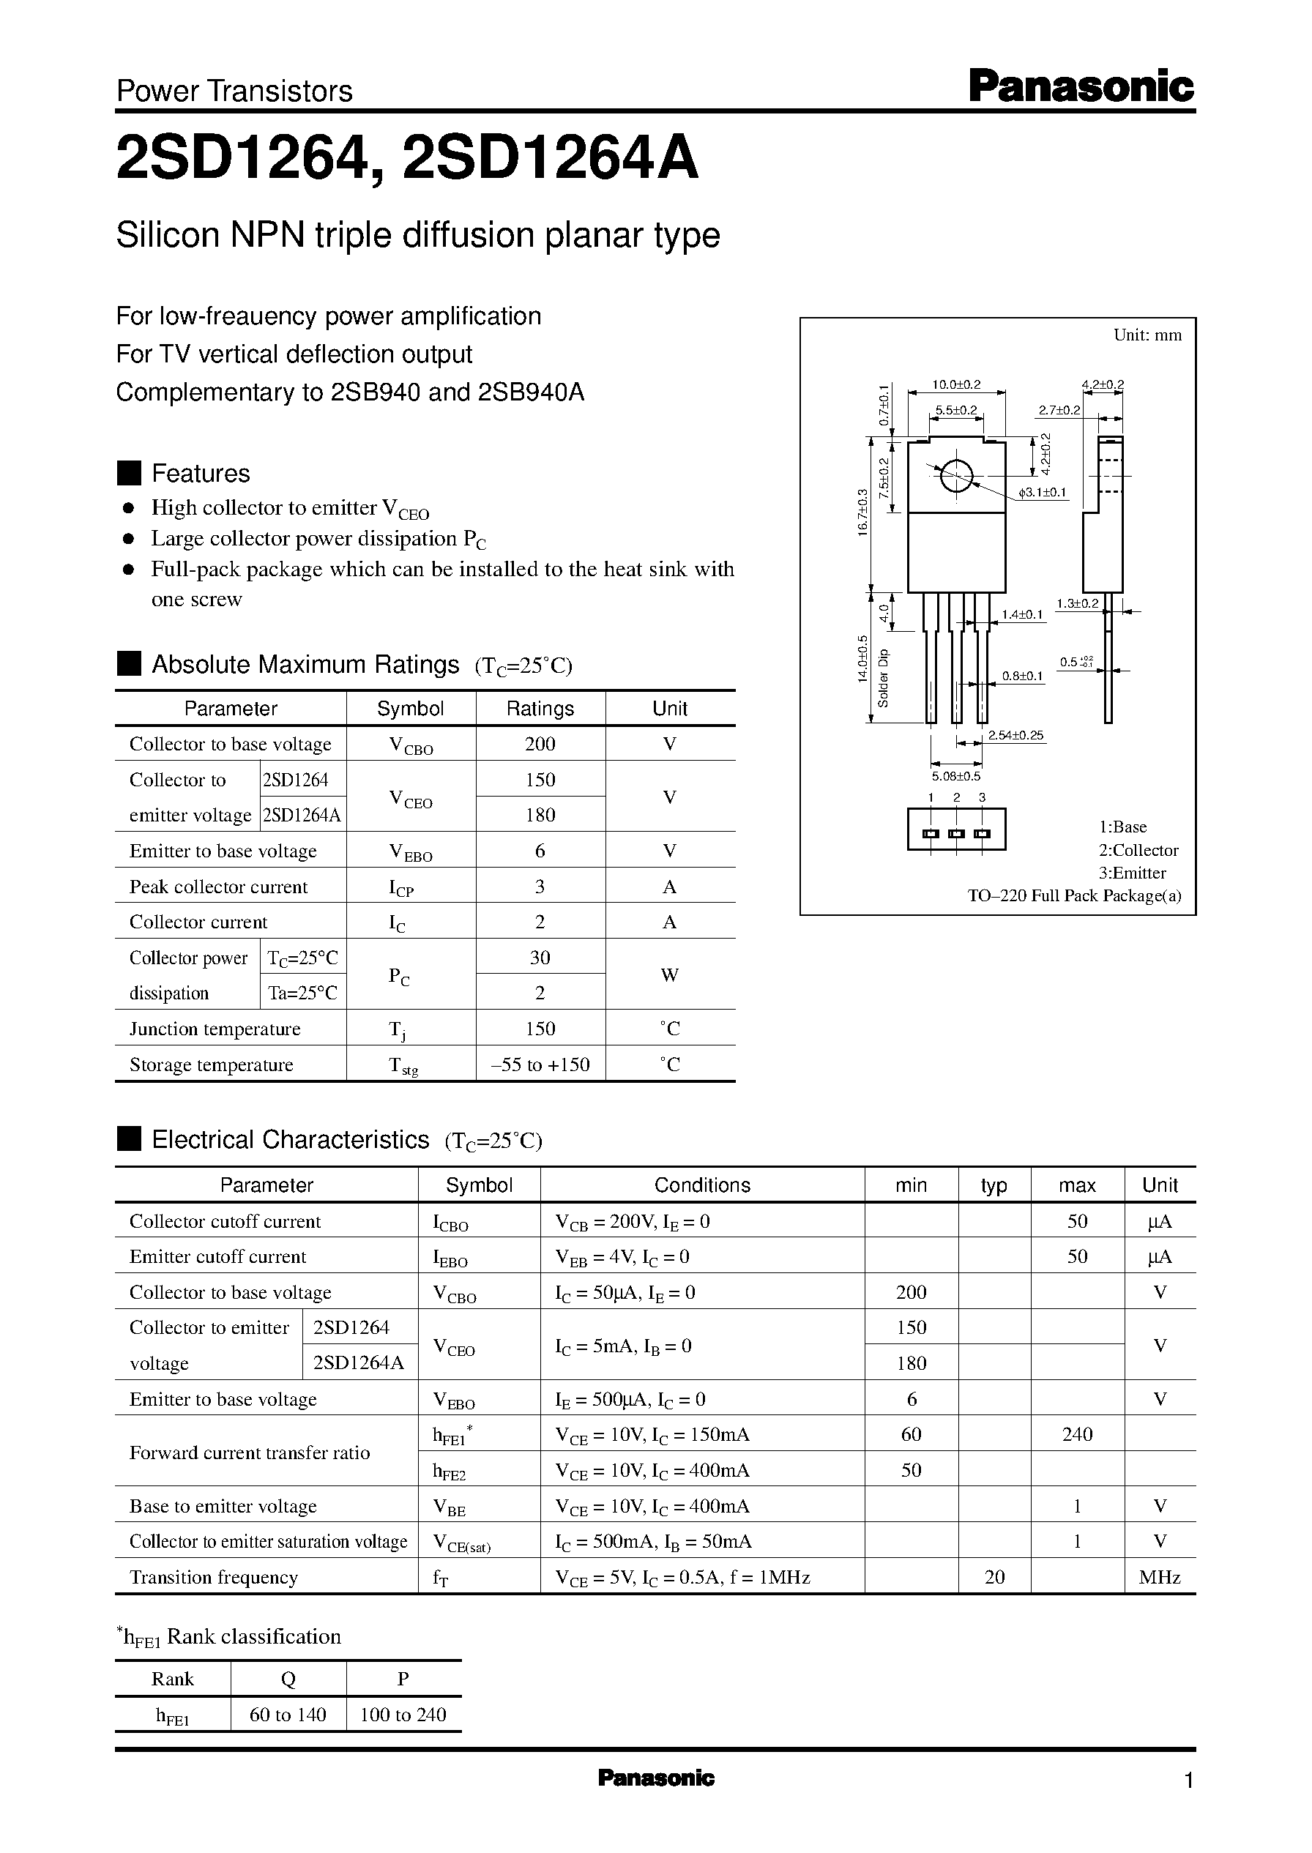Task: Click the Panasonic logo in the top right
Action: [1080, 86]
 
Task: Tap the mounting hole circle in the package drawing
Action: [955, 475]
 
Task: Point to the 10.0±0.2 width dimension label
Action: [955, 384]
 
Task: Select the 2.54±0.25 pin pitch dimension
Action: [1015, 735]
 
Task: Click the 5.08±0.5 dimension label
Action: [955, 776]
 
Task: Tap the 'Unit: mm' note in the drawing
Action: [1147, 335]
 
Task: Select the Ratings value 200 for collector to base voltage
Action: [540, 744]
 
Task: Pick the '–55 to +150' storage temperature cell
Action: [540, 1065]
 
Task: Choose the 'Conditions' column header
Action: [702, 1185]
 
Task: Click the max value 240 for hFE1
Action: [1077, 1433]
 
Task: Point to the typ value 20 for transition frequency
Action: [994, 1577]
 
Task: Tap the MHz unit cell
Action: [1159, 1577]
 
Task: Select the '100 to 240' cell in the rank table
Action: [403, 1714]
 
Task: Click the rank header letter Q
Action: [288, 1679]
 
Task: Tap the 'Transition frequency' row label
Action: [213, 1577]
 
